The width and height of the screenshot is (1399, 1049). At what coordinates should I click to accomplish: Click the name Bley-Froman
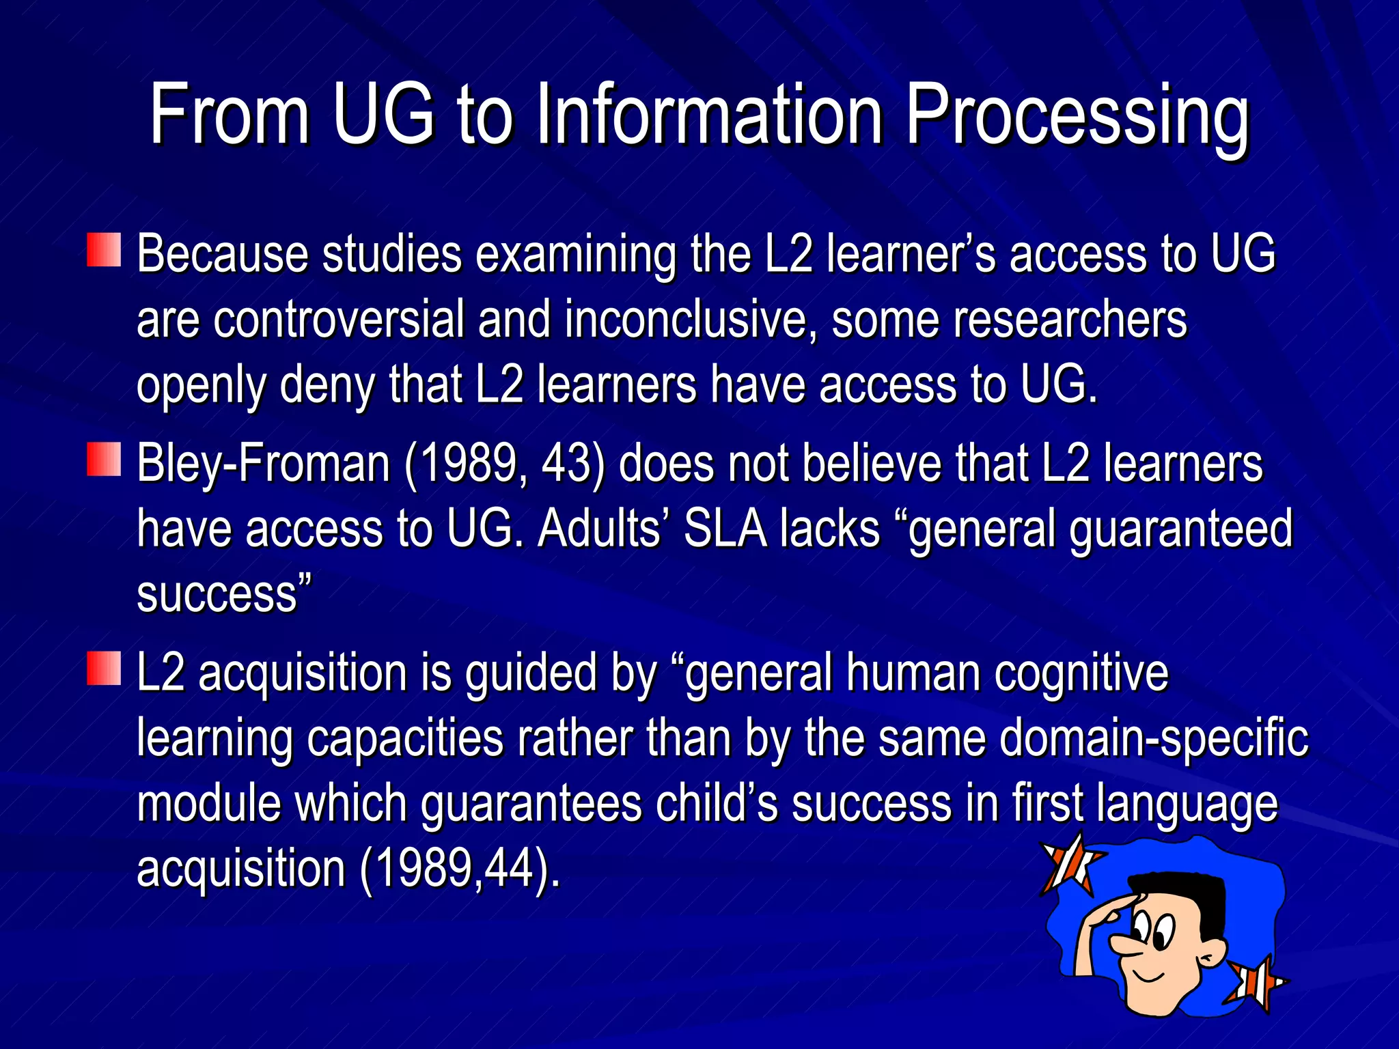(263, 464)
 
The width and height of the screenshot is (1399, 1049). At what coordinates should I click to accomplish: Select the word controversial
(339, 320)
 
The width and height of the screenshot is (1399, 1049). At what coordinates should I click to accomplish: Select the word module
(208, 803)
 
